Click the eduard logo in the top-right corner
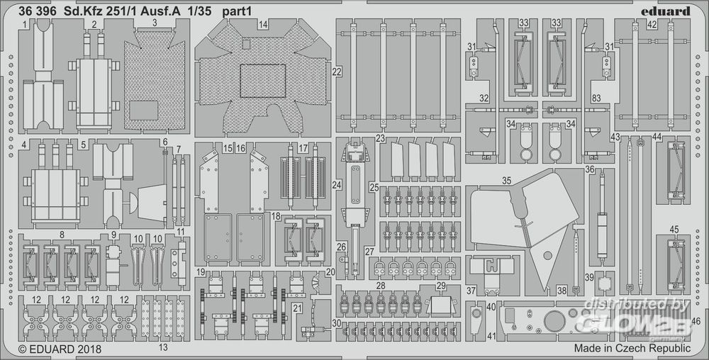point(665,10)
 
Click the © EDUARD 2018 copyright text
point(60,349)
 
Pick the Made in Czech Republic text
point(632,349)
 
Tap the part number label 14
point(263,24)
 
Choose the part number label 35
point(506,181)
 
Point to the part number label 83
point(596,98)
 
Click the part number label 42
point(652,24)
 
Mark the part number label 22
point(337,72)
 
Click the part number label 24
point(337,184)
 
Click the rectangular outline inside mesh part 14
point(262,79)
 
